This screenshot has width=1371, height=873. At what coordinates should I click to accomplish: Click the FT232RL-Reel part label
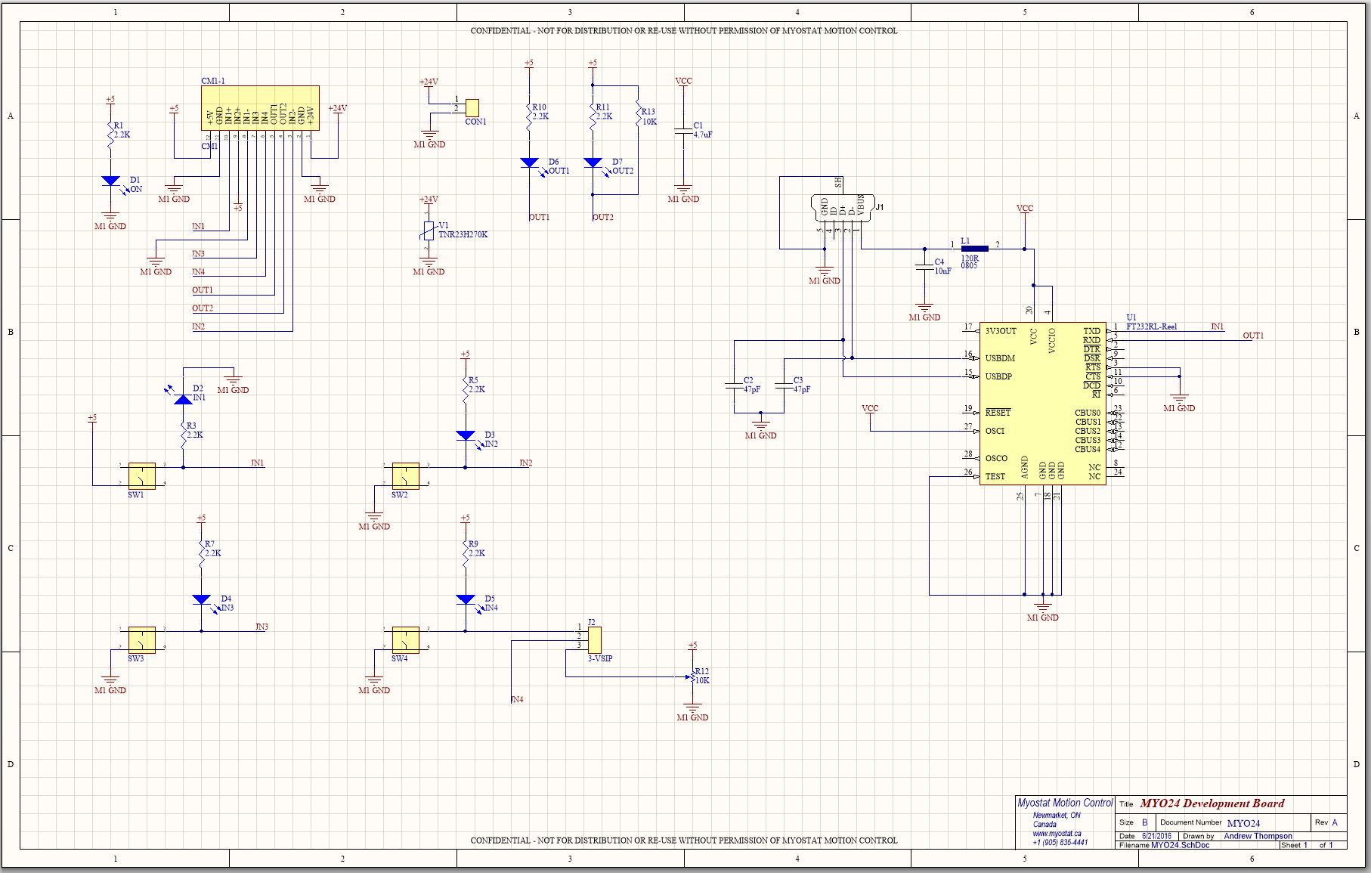tap(1151, 327)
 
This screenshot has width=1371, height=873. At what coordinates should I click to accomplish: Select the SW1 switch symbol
tap(141, 476)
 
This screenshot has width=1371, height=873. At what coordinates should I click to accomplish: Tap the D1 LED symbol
tap(110, 181)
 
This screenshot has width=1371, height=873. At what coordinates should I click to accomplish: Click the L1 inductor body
tap(974, 249)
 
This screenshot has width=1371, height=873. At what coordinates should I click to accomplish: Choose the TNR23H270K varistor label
tap(463, 235)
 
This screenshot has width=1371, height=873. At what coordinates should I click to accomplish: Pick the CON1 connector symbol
tap(472, 107)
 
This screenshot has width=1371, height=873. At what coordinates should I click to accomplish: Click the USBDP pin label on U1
tap(998, 376)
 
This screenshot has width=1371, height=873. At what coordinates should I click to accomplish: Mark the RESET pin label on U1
tap(998, 413)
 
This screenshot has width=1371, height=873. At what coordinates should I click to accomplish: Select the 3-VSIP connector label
tap(600, 658)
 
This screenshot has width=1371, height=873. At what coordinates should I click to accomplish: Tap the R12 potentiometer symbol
tap(692, 677)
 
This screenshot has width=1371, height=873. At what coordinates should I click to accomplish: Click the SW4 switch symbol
tap(405, 640)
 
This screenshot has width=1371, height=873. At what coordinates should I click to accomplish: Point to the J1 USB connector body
tap(842, 207)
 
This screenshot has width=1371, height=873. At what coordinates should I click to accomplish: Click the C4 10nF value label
tap(942, 271)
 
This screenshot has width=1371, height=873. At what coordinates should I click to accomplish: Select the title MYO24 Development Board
tap(1212, 803)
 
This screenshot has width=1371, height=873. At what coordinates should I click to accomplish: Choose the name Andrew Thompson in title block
tap(1258, 836)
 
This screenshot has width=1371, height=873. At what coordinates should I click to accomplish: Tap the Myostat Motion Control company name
tap(1065, 803)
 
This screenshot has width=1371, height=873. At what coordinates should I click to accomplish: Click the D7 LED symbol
tap(593, 163)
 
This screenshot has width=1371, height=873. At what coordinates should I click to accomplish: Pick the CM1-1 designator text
tap(213, 81)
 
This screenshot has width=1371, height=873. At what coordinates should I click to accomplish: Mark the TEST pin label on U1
tap(995, 476)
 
